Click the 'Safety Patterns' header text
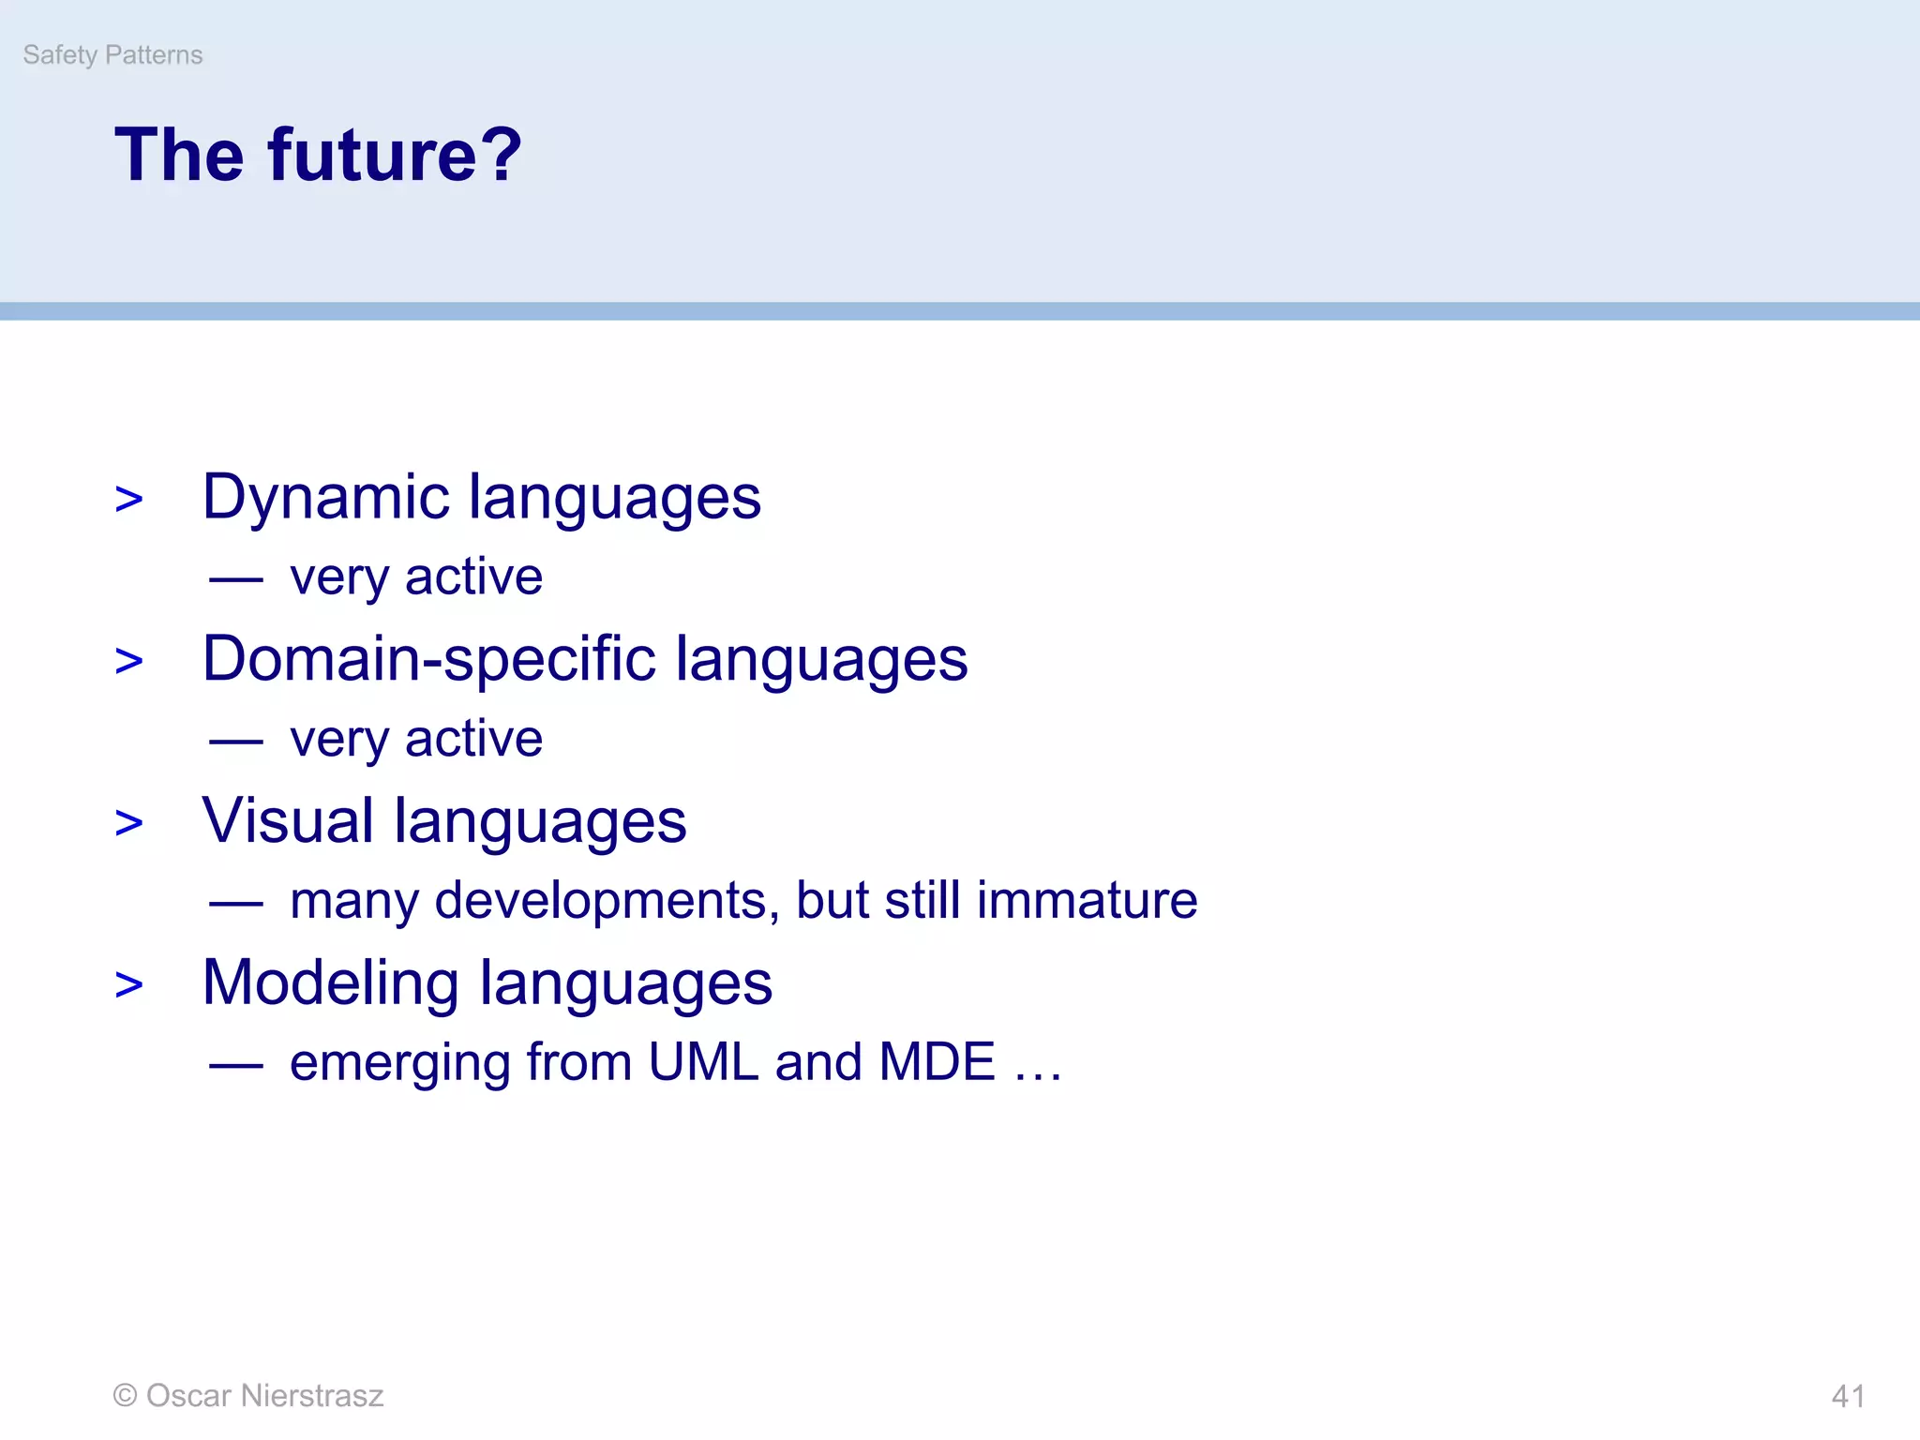(x=112, y=55)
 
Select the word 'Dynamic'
(x=325, y=498)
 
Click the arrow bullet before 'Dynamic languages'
(x=129, y=500)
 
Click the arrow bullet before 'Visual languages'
(x=129, y=823)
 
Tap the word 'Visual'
(x=288, y=820)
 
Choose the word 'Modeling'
(x=330, y=984)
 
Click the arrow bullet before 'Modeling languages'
(x=129, y=985)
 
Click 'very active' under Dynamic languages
(x=416, y=577)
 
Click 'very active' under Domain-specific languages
(x=416, y=740)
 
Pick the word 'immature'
(x=1087, y=900)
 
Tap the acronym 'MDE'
(x=937, y=1062)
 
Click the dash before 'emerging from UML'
(x=236, y=1066)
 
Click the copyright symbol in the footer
(x=125, y=1396)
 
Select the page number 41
(x=1848, y=1397)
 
